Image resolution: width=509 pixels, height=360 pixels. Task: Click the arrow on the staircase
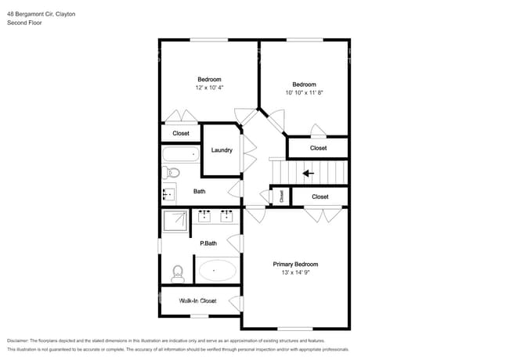309,172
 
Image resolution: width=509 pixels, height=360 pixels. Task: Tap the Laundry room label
222,149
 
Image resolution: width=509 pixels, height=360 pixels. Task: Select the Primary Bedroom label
295,265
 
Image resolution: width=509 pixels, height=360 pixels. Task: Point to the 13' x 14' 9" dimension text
295,274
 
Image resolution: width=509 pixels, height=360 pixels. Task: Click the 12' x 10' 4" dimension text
209,88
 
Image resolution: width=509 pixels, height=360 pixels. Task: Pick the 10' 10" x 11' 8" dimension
304,93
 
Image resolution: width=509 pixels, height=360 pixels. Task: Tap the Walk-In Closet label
197,300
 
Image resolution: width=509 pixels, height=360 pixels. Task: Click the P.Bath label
208,243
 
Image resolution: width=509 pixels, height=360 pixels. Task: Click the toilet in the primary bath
177,273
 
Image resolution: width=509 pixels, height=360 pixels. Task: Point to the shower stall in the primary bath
175,221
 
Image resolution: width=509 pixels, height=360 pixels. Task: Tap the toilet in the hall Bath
172,172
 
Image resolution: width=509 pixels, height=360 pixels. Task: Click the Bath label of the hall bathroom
200,192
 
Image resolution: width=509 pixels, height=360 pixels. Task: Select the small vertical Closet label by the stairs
281,196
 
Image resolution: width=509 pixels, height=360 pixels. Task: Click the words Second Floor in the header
24,23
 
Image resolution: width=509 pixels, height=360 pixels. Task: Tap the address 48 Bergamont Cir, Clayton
42,14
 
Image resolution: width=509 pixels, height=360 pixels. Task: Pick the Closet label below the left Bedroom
181,133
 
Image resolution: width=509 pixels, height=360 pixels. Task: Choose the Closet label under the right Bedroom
318,148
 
